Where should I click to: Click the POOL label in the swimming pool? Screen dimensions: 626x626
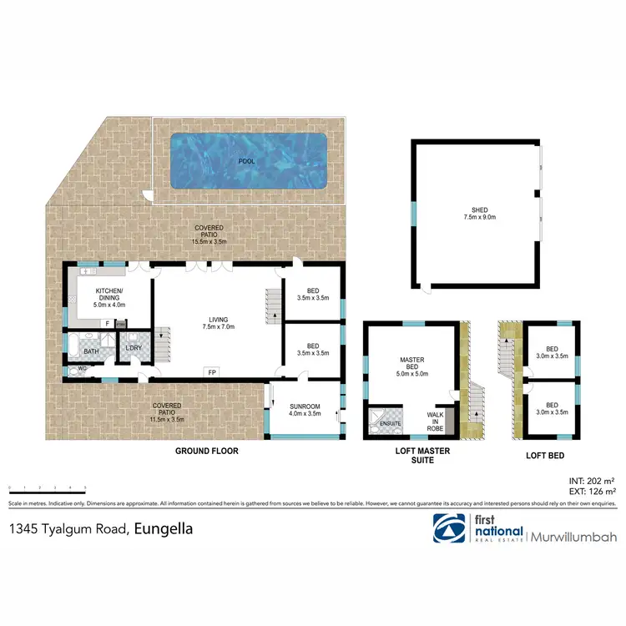pos(247,160)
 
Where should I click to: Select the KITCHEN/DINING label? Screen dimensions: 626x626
pos(109,297)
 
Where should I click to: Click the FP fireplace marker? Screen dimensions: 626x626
pos(213,373)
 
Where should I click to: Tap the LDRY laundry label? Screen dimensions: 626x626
pos(132,349)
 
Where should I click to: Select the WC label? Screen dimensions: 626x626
pos(83,367)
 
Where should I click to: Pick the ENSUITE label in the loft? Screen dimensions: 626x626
pos(391,425)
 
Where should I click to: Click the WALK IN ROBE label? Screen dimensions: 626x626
pos(435,419)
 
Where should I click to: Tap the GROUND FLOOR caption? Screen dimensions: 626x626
pos(206,451)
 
